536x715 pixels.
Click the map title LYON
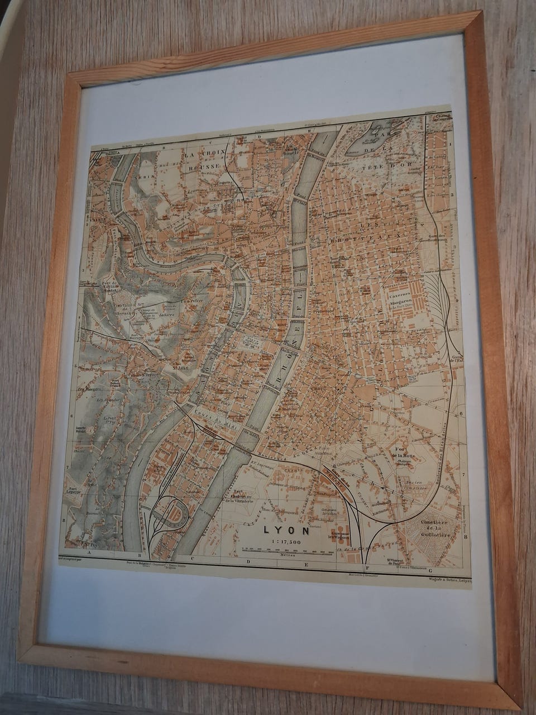[x=286, y=530]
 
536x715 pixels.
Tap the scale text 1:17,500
[x=286, y=542]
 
